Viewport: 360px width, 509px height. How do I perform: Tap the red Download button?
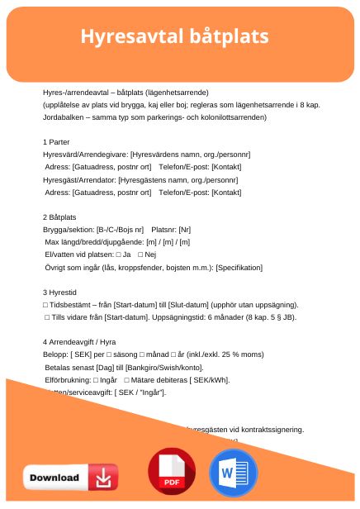click(x=70, y=477)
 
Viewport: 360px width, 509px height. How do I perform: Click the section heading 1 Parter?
click(x=58, y=142)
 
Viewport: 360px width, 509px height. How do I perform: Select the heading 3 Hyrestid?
click(x=60, y=293)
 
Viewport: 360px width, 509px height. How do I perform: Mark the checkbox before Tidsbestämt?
click(x=45, y=305)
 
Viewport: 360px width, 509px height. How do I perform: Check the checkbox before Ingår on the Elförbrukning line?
click(x=96, y=380)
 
